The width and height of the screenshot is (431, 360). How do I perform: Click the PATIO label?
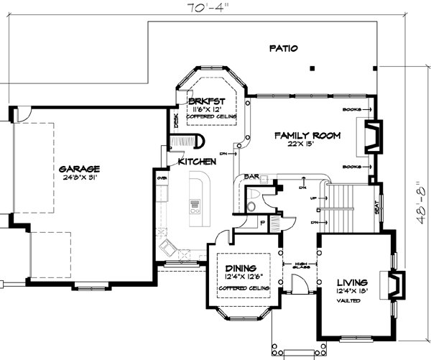point(284,48)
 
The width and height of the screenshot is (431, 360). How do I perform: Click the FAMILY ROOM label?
point(306,134)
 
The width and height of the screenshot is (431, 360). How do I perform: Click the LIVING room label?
point(352,282)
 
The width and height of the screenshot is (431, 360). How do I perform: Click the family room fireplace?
point(371,137)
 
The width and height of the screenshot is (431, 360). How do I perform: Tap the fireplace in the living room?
point(394,284)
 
